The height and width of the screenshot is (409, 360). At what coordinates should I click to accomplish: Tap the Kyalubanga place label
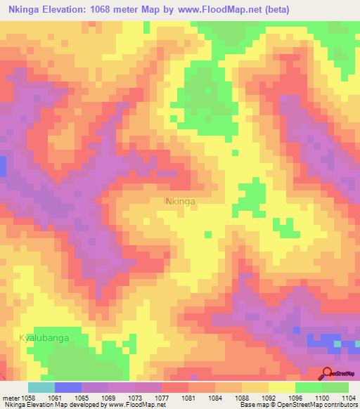click(x=44, y=337)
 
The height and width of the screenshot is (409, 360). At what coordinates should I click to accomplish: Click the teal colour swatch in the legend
click(x=41, y=387)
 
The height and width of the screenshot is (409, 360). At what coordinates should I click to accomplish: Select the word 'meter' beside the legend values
click(x=11, y=398)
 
